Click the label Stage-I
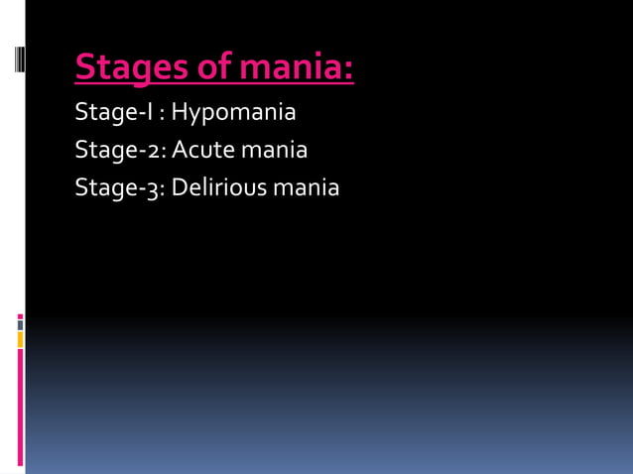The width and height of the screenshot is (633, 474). pyautogui.click(x=114, y=113)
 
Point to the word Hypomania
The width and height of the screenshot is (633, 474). pyautogui.click(x=233, y=113)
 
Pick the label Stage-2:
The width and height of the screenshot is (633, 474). pyautogui.click(x=120, y=151)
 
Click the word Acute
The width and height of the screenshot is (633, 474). pyautogui.click(x=202, y=151)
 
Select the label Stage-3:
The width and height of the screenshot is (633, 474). pyautogui.click(x=120, y=187)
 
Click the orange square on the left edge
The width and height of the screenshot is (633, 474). pyautogui.click(x=20, y=340)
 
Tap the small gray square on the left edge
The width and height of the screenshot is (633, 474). pyautogui.click(x=20, y=324)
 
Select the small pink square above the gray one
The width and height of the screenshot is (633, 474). pyautogui.click(x=20, y=316)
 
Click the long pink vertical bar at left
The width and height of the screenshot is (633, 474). pyautogui.click(x=20, y=407)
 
